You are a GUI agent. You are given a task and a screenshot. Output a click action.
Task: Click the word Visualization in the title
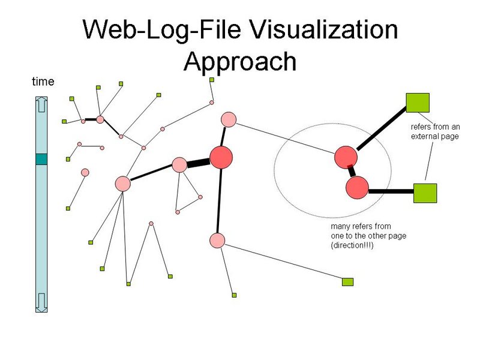click(x=323, y=29)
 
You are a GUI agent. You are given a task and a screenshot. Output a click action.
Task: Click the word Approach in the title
click(x=240, y=61)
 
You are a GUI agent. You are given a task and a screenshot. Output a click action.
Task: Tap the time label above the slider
click(x=43, y=82)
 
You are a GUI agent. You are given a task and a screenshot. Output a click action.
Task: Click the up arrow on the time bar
click(x=41, y=104)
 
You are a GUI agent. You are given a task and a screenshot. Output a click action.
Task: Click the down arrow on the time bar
click(x=41, y=302)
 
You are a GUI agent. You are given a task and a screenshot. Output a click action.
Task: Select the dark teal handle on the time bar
click(x=41, y=159)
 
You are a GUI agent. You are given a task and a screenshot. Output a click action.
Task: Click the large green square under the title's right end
click(x=418, y=103)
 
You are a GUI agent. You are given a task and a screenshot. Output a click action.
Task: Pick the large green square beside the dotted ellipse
click(x=425, y=193)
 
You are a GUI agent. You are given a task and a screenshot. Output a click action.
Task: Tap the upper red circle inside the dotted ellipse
click(x=346, y=157)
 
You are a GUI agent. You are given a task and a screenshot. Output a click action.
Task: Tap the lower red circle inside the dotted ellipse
click(x=357, y=187)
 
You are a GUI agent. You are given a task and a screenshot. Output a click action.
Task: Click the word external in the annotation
click(x=425, y=136)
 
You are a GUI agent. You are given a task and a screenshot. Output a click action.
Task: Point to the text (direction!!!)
click(x=352, y=245)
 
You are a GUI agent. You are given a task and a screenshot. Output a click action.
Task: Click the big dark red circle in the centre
click(x=221, y=157)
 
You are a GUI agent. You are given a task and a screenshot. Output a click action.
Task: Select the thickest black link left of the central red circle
click(x=199, y=163)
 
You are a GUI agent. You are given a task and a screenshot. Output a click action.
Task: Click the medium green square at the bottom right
click(x=347, y=281)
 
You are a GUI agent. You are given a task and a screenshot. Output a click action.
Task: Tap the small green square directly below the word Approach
click(x=212, y=80)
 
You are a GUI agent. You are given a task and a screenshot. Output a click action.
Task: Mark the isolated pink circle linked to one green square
click(x=85, y=172)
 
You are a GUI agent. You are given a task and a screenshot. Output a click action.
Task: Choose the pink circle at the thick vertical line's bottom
click(x=217, y=241)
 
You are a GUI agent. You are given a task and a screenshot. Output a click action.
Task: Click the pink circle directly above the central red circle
click(x=229, y=119)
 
